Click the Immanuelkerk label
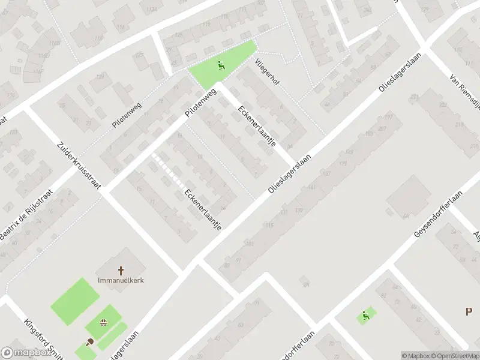pos(121,280)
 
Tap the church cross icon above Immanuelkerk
pos(121,271)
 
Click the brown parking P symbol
pos(469,311)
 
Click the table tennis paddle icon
pos(90,343)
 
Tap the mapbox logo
pos(26,353)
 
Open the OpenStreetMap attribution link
pos(454,356)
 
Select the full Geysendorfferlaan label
pos(439,213)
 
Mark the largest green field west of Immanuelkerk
pos(76,301)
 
